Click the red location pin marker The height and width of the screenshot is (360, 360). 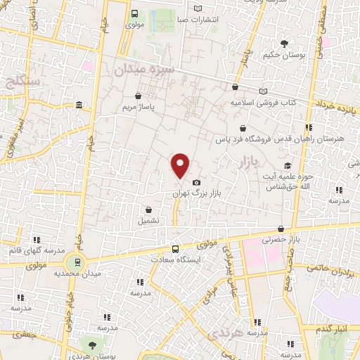[x=181, y=165]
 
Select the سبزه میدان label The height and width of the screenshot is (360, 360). [x=145, y=70]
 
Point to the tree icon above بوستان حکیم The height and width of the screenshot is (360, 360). [x=284, y=43]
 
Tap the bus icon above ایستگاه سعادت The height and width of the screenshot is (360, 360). [x=176, y=248]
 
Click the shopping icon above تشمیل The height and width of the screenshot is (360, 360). [x=148, y=209]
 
